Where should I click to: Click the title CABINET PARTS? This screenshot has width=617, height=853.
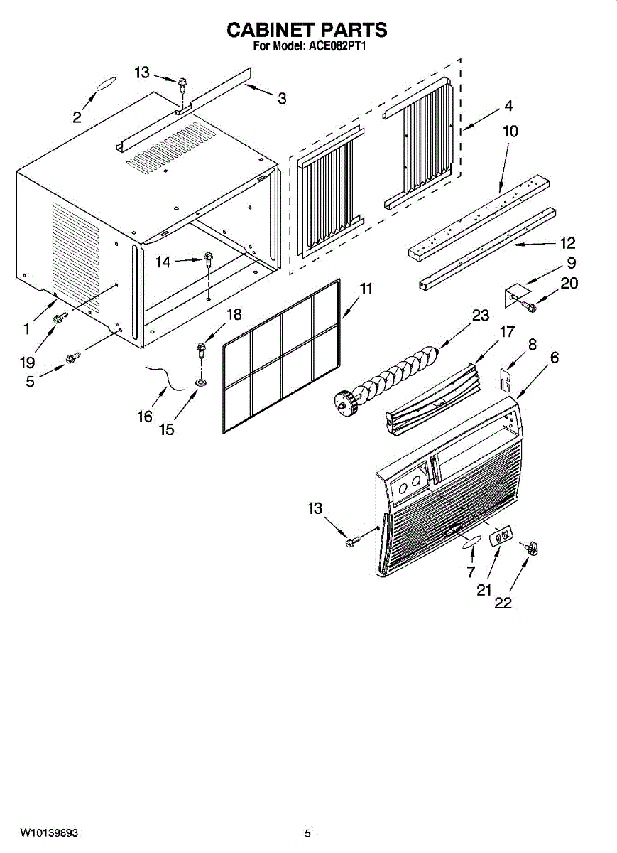(x=307, y=30)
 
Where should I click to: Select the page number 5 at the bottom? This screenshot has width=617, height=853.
(x=307, y=833)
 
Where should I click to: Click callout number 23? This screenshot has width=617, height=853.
(x=481, y=316)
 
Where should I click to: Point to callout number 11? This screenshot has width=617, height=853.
(x=366, y=289)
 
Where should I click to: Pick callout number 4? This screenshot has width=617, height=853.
(x=508, y=105)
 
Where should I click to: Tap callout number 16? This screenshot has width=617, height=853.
(x=145, y=417)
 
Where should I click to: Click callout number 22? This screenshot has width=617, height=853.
(x=503, y=603)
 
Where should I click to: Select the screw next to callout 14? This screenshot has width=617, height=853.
(x=209, y=258)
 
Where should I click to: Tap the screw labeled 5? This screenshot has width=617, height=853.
(x=70, y=359)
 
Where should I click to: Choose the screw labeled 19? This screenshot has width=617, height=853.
(x=60, y=316)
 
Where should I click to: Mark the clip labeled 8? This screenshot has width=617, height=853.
(x=507, y=380)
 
